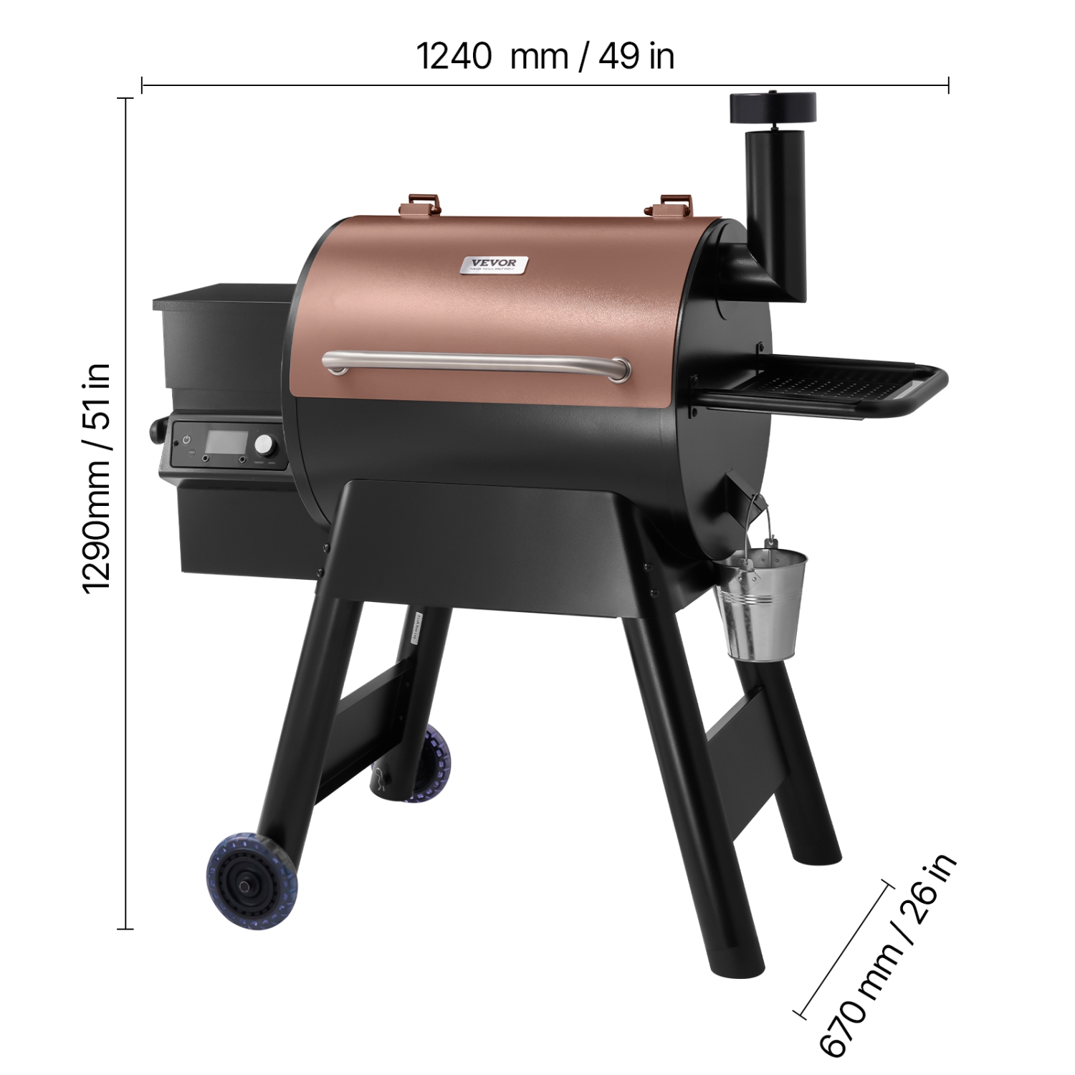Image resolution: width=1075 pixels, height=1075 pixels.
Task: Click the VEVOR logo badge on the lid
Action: pos(494,265)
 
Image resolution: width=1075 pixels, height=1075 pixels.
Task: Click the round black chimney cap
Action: pos(773,107)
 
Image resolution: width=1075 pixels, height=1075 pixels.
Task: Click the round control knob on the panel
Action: pos(265,444)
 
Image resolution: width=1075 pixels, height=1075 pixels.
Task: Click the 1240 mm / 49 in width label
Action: pos(545,56)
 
